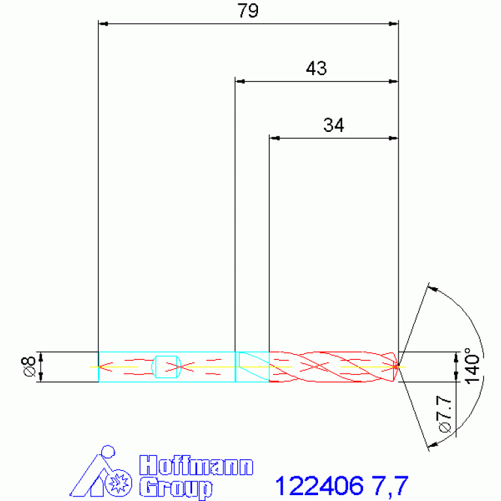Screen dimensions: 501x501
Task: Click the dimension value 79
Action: coord(248,10)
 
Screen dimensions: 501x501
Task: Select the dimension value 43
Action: coord(316,68)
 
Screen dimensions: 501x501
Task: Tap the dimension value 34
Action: coord(334,125)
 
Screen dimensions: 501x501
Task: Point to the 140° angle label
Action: coord(472,366)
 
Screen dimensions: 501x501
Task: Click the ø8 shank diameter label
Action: coord(29,366)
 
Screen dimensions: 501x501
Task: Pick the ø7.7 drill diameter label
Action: coord(445,414)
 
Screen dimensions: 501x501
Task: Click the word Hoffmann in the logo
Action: coord(196,466)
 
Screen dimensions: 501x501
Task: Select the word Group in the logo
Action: coord(176,487)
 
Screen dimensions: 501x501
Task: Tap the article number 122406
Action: coord(319,486)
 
